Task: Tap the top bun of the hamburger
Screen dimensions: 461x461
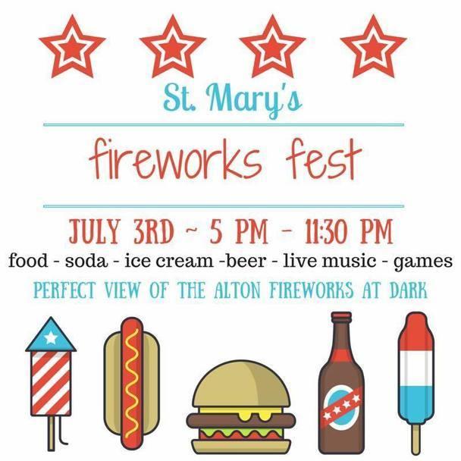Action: point(232,389)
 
